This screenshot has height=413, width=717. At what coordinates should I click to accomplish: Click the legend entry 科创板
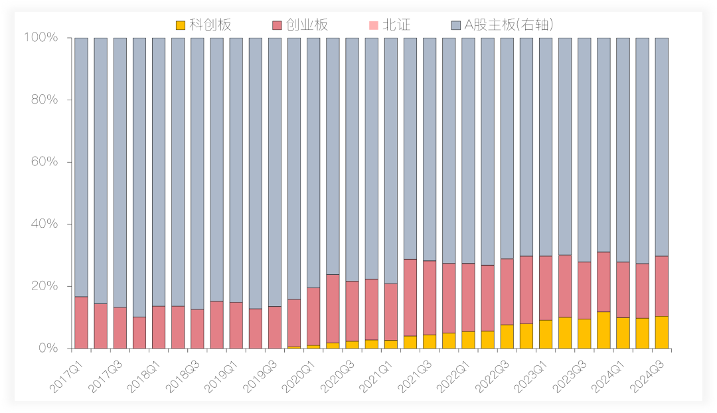pyautogui.click(x=210, y=25)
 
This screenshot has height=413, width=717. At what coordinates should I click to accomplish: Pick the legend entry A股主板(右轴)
pyautogui.click(x=508, y=25)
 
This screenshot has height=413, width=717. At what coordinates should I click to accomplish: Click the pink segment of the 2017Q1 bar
pyautogui.click(x=81, y=323)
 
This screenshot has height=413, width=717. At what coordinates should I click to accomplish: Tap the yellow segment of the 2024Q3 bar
pyautogui.click(x=662, y=332)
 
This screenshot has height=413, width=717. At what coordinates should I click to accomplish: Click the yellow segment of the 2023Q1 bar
pyautogui.click(x=546, y=334)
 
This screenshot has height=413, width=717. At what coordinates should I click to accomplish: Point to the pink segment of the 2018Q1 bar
pyautogui.click(x=139, y=333)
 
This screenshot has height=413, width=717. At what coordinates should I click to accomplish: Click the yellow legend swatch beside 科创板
pyautogui.click(x=181, y=25)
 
